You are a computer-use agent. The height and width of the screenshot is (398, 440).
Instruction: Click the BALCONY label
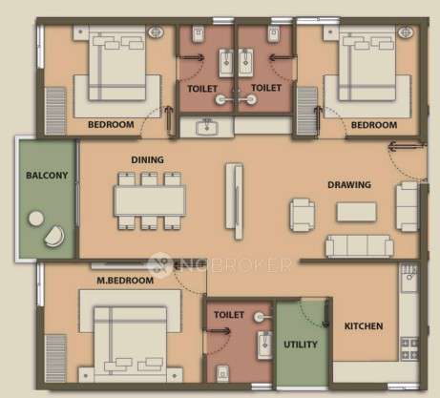coord(44,177)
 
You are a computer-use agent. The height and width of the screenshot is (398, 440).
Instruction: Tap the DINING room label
coord(148,160)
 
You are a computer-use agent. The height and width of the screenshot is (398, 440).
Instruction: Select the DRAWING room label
coord(348,184)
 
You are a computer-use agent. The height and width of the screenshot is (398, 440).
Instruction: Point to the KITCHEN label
coord(364,326)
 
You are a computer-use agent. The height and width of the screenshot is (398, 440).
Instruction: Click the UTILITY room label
coord(301,344)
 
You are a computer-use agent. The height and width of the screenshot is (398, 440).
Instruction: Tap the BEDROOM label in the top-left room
coord(110,125)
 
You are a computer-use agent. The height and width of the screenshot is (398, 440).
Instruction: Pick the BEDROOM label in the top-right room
coord(373,125)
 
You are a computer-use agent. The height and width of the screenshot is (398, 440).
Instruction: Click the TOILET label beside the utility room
coord(230,313)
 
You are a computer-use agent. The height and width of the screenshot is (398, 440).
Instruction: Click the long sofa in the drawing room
coord(359,245)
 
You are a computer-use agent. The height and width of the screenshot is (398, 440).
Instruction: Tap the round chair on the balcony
coord(53,233)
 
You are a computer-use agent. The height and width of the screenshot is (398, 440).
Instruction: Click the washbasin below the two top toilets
coord(208,127)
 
